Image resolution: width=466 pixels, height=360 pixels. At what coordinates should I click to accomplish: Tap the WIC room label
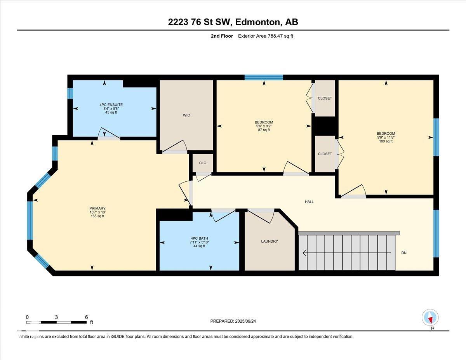(186, 115)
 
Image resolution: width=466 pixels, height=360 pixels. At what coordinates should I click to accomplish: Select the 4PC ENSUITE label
(111, 105)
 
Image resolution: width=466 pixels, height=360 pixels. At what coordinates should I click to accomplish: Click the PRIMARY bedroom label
(97, 209)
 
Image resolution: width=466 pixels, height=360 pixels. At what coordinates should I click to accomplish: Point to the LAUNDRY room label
(269, 241)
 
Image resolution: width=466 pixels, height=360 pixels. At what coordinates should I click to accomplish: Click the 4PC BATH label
(200, 238)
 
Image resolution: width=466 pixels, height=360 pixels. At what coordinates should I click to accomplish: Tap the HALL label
(309, 202)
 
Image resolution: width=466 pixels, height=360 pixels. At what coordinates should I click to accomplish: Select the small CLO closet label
(202, 163)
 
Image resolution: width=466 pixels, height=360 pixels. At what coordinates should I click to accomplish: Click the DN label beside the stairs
(404, 253)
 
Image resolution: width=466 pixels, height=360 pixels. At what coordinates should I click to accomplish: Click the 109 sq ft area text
(386, 141)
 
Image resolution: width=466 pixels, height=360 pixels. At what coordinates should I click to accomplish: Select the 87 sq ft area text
(264, 130)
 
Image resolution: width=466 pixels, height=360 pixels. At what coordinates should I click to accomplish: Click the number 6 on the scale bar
(86, 317)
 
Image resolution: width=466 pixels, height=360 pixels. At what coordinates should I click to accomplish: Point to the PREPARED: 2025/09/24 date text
(233, 321)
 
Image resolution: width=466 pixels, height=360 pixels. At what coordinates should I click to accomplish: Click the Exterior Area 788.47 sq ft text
(266, 36)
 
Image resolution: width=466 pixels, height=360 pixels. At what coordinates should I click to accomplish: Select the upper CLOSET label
(325, 98)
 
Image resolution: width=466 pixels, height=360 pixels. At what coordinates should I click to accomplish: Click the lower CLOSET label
(325, 154)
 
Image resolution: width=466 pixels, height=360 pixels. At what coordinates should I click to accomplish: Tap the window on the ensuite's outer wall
(70, 94)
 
